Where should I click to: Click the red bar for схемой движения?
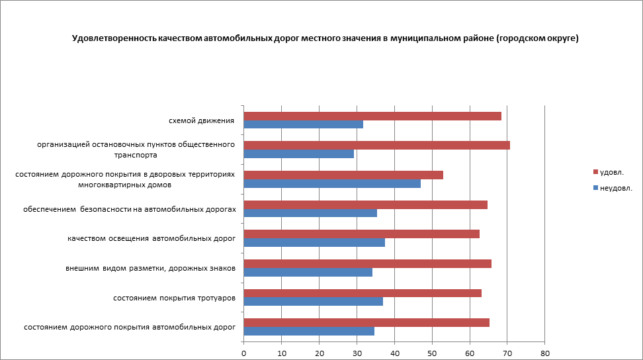coord(372,116)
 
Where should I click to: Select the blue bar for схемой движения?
coord(304,124)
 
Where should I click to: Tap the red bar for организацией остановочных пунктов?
coord(376,146)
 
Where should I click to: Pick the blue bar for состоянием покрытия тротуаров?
coord(314,302)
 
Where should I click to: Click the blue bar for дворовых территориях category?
coord(332,183)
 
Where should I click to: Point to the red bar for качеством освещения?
coord(361,234)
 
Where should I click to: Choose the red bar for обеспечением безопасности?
coord(365,204)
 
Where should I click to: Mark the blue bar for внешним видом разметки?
coord(308,272)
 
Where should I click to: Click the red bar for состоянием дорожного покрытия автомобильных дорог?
coord(366,322)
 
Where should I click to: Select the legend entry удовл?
coord(611,172)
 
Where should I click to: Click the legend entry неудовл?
coord(615,188)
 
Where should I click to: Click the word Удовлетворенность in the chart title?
coord(113,38)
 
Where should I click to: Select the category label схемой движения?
coord(202,120)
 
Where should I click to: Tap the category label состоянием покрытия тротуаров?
coord(175,298)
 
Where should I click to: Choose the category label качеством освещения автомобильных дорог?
coord(151,238)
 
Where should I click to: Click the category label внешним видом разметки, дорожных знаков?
coord(150,268)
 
